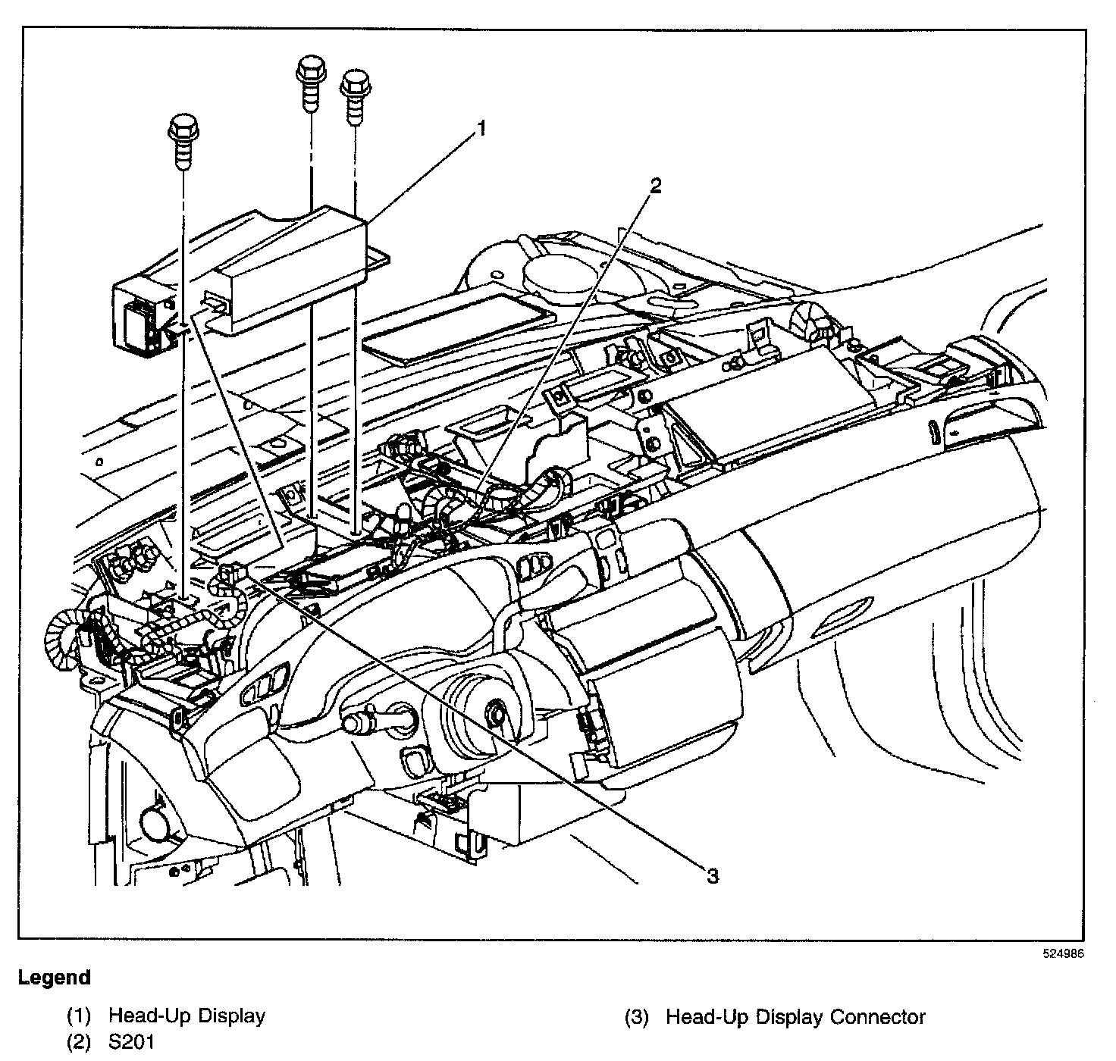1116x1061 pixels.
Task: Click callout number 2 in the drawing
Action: [656, 186]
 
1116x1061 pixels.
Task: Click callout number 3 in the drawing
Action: [712, 877]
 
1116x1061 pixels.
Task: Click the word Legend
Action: [55, 978]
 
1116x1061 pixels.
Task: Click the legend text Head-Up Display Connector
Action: [795, 1017]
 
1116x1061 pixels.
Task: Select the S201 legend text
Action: [131, 1042]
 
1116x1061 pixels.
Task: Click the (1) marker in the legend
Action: [79, 1016]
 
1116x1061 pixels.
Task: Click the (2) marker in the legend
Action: [79, 1042]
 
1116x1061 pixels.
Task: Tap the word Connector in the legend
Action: [878, 1017]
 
